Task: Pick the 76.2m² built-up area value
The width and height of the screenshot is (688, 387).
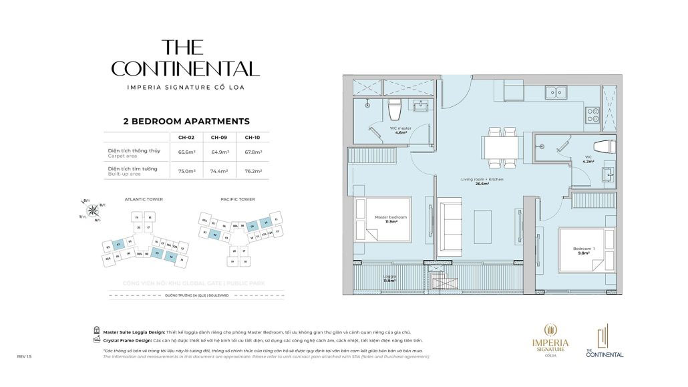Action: [x=252, y=171]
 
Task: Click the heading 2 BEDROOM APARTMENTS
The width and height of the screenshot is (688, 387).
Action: [x=186, y=122]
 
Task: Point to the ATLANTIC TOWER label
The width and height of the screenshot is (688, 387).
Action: [x=144, y=199]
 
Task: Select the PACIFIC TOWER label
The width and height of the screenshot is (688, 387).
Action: [x=238, y=199]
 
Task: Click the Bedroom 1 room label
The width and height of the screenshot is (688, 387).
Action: [x=583, y=250]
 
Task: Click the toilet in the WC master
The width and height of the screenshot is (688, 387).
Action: [x=394, y=108]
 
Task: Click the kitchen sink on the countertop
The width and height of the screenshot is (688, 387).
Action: [x=556, y=93]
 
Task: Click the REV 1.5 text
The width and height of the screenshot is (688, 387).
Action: [x=24, y=357]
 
